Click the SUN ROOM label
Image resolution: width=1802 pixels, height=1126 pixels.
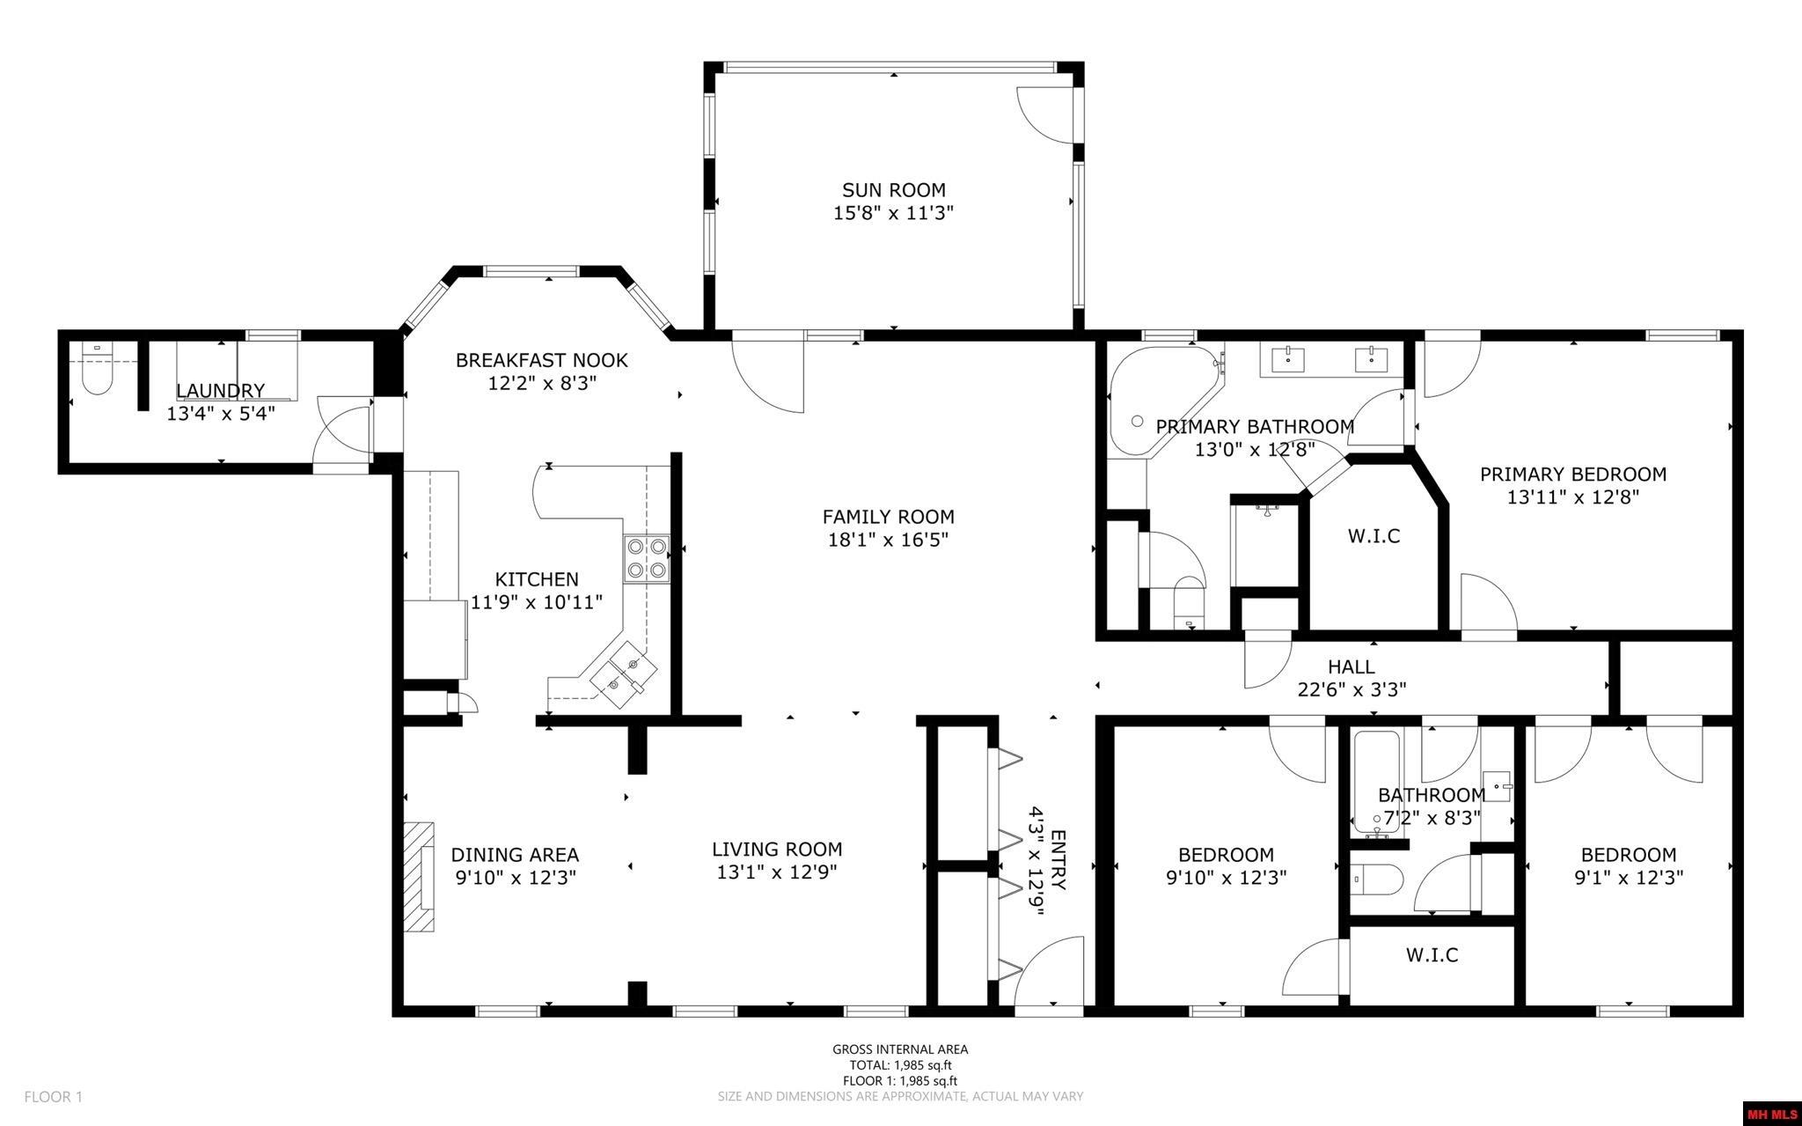[893, 190]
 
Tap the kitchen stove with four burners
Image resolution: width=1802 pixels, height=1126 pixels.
[647, 558]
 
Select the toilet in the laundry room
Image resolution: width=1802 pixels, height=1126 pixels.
[96, 373]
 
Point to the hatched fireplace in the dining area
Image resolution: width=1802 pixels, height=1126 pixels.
[421, 877]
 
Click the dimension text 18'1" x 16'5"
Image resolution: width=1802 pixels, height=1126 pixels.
[887, 539]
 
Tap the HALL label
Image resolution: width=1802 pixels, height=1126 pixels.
[1351, 667]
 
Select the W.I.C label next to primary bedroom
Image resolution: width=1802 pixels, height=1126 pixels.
[1373, 535]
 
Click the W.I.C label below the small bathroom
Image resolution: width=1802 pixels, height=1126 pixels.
[1432, 954]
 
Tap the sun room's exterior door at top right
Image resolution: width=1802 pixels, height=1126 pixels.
[1045, 114]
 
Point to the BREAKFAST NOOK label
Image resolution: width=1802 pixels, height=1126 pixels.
[541, 360]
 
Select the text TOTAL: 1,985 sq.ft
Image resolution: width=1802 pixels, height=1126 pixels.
[900, 1065]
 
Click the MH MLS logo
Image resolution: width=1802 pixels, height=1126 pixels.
[1771, 1114]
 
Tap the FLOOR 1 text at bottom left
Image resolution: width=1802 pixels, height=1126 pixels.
[53, 1097]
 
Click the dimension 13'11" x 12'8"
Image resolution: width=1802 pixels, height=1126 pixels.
[1572, 497]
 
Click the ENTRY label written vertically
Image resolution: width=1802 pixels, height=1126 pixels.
[1058, 859]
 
